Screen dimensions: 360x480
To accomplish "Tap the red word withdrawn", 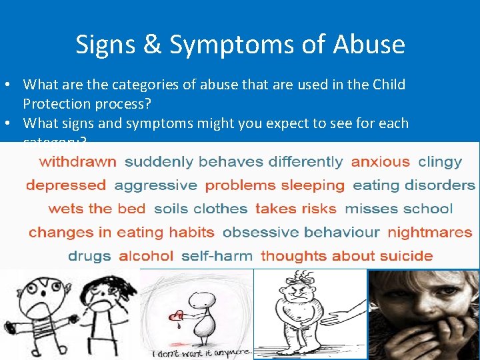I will point(77,161).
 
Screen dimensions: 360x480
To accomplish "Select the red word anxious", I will point(380,161).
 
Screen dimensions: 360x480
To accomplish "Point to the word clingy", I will point(440,161).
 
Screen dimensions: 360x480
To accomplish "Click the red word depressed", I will point(66,185).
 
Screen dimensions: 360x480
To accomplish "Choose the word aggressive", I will point(155,185).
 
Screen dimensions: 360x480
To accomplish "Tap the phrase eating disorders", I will point(414,185).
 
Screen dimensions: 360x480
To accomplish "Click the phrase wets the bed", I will point(97,209).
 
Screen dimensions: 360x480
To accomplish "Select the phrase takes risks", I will point(295,209).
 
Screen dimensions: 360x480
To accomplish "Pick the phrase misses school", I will point(399,209).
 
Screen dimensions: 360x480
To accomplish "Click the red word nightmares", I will point(429,233).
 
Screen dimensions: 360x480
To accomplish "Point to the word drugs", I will point(89,256).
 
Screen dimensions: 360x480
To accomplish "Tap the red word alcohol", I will point(146,256).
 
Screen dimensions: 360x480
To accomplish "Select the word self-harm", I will point(217,256).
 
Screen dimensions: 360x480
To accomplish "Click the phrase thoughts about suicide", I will point(347,256).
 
